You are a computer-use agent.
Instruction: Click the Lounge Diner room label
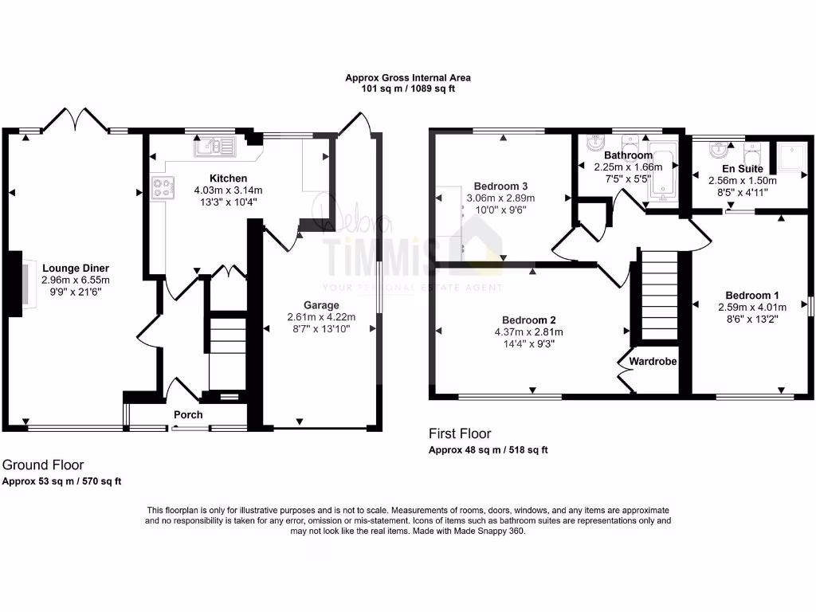click(x=76, y=269)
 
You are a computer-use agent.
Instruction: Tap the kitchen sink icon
click(x=214, y=147)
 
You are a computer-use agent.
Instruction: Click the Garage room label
click(x=321, y=305)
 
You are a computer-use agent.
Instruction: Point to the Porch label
click(x=188, y=415)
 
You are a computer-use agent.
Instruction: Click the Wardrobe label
click(x=653, y=362)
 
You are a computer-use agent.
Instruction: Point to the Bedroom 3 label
click(x=504, y=186)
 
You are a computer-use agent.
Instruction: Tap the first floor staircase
click(x=658, y=295)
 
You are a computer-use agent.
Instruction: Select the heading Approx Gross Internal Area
click(x=407, y=78)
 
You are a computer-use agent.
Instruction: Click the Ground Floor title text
click(x=43, y=465)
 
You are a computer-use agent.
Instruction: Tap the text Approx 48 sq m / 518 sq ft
click(x=488, y=450)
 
